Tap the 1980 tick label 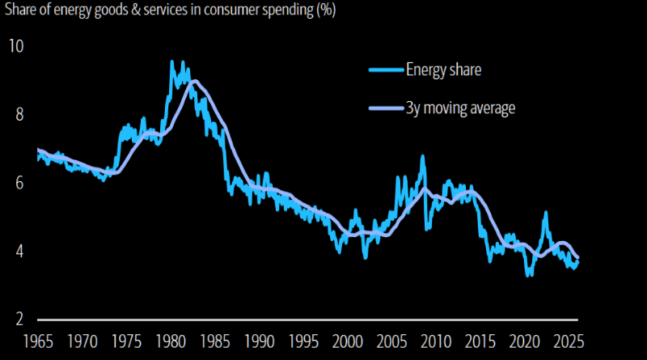click(171, 339)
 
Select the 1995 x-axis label click(302, 339)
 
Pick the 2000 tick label click(346, 339)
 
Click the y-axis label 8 click(18, 114)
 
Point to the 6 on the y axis click(18, 183)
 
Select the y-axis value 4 click(18, 251)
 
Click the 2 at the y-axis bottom click(18, 320)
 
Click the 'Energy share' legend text click(444, 70)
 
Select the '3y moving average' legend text click(461, 108)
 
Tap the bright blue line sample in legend click(385, 70)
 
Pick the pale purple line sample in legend click(385, 108)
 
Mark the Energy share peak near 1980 click(172, 61)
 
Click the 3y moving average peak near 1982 click(194, 81)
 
